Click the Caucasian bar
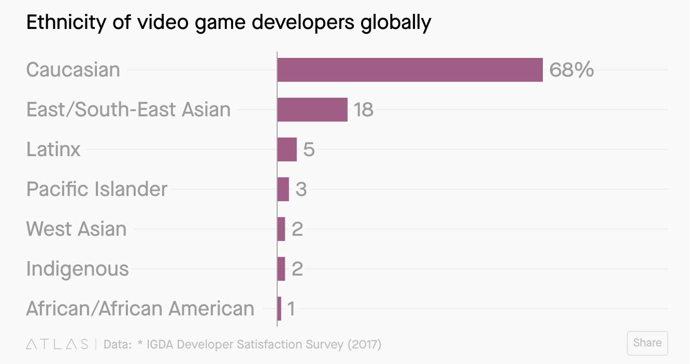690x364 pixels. tap(410, 70)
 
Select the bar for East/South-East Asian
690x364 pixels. tap(312, 110)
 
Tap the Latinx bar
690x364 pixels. tap(287, 149)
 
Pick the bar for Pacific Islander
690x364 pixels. tap(283, 189)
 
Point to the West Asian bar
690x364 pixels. tap(281, 229)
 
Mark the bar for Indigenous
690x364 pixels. tap(281, 269)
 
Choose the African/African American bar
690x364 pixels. tap(279, 309)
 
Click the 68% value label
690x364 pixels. tap(571, 70)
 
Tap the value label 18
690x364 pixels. tap(364, 110)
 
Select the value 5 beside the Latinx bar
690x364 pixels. tap(309, 149)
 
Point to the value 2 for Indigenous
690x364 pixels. tap(297, 269)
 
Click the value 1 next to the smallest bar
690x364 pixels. tap(291, 309)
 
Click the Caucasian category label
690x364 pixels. tap(73, 70)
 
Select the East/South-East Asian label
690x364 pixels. tap(128, 110)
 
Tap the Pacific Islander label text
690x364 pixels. tap(97, 189)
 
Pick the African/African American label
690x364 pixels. tap(140, 309)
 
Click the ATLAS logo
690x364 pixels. tap(57, 344)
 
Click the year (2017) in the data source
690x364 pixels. tap(364, 344)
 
